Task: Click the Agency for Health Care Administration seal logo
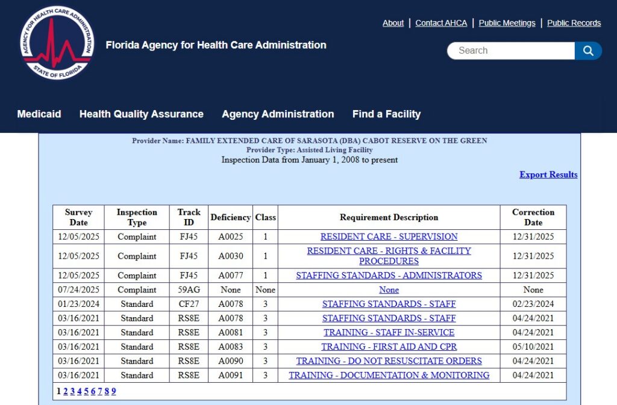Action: click(x=57, y=43)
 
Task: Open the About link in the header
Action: click(x=393, y=23)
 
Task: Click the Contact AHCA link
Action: click(x=441, y=23)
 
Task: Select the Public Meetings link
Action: click(x=507, y=23)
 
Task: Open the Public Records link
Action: click(x=574, y=23)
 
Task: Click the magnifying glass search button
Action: click(x=588, y=51)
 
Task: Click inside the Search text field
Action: click(x=511, y=51)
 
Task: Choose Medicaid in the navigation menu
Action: click(x=39, y=114)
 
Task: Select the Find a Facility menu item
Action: click(x=386, y=114)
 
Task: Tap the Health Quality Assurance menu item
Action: click(x=142, y=114)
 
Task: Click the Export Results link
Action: click(x=548, y=175)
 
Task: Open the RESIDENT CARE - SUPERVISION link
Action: click(x=389, y=237)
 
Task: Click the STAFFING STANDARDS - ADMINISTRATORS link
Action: click(x=389, y=275)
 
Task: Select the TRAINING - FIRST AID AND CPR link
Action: click(x=389, y=347)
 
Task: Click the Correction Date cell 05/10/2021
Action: click(x=533, y=347)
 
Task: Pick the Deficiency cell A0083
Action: click(x=231, y=347)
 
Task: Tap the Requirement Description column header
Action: click(x=389, y=217)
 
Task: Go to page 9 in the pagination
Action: click(x=113, y=391)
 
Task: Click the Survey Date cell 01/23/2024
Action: click(x=78, y=304)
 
